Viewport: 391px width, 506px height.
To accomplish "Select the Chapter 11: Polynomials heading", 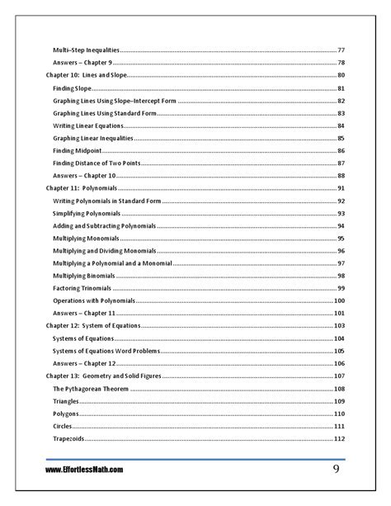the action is [x=81, y=189].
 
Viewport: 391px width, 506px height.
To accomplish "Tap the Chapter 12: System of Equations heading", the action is [x=93, y=326].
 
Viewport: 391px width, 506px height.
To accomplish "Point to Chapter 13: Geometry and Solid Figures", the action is [x=104, y=376].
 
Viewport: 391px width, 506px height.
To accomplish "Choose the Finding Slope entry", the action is [x=73, y=87].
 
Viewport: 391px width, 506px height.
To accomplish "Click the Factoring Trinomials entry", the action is [x=83, y=288].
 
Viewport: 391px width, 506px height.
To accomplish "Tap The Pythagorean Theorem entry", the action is [x=89, y=388].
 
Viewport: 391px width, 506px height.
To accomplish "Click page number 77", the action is [x=341, y=50].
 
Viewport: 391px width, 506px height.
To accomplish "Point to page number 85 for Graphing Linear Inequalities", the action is [x=341, y=138].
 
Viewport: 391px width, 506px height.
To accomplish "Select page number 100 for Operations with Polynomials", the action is [x=339, y=300].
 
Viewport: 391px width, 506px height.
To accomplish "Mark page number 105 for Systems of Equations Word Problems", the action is [x=339, y=351].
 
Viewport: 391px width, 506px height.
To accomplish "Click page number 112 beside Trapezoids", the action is [x=339, y=438].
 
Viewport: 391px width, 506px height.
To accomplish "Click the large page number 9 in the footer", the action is [x=337, y=469].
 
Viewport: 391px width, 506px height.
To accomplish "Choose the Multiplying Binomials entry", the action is [x=83, y=276].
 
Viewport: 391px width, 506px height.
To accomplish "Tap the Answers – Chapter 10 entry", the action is [x=84, y=176].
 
